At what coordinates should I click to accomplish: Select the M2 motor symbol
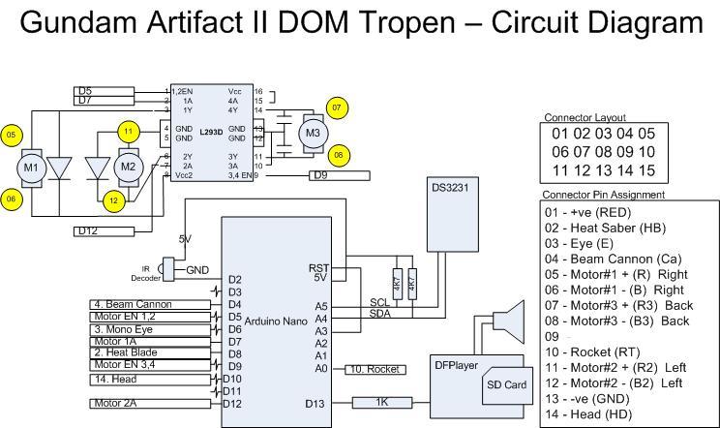pyautogui.click(x=128, y=167)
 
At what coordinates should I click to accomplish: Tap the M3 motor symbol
pyautogui.click(x=312, y=132)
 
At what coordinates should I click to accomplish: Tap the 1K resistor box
pyautogui.click(x=383, y=402)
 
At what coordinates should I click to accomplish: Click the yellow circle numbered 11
pyautogui.click(x=128, y=131)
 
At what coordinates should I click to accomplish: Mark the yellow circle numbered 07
pyautogui.click(x=337, y=107)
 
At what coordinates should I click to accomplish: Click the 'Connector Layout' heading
pyautogui.click(x=585, y=117)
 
